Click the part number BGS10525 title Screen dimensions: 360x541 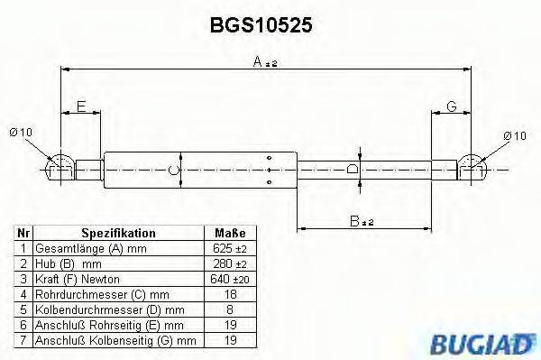tap(261, 27)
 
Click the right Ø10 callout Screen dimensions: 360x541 tap(513, 135)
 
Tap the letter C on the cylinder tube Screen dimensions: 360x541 tap(177, 169)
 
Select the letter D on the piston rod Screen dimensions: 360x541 tap(353, 169)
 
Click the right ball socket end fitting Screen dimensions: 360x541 tap(472, 165)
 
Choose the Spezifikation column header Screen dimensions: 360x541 tap(118, 233)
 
